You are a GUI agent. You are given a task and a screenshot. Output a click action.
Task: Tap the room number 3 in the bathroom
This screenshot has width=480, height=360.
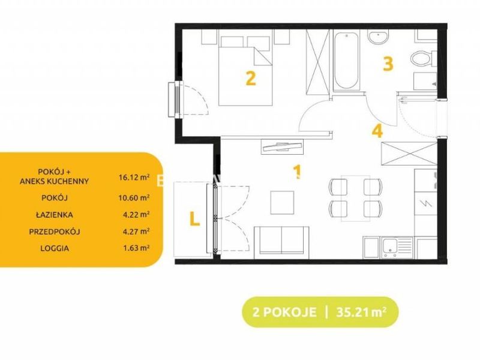click(388, 64)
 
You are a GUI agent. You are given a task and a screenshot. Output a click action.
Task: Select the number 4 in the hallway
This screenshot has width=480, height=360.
click(377, 131)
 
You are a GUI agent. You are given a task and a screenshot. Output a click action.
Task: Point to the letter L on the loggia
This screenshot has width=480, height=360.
click(194, 218)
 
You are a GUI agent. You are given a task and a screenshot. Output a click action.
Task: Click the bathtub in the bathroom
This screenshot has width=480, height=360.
click(346, 61)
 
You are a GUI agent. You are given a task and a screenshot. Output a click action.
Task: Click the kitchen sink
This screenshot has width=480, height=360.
click(397, 247)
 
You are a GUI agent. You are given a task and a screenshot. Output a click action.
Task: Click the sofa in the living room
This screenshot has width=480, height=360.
click(281, 241)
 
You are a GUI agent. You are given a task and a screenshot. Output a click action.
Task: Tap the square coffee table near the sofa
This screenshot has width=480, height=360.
click(282, 203)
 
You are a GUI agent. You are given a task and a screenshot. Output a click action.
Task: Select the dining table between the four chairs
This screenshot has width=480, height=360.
click(355, 199)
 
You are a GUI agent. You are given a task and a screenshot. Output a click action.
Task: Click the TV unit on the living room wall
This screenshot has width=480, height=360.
click(282, 146)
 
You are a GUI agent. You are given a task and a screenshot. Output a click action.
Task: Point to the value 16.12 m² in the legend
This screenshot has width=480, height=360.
click(134, 176)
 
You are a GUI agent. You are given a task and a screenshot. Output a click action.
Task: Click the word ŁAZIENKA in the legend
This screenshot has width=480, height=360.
click(54, 215)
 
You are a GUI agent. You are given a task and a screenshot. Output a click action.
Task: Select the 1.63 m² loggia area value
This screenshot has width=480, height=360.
click(136, 248)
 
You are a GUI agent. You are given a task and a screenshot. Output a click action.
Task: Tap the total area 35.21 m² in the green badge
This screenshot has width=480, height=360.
click(361, 312)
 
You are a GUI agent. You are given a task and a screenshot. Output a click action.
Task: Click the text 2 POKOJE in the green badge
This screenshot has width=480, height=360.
click(284, 312)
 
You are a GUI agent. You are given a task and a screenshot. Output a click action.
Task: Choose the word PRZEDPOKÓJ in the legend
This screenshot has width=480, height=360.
click(55, 232)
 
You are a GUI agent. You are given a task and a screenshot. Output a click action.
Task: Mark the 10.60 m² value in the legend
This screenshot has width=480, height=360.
click(134, 198)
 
